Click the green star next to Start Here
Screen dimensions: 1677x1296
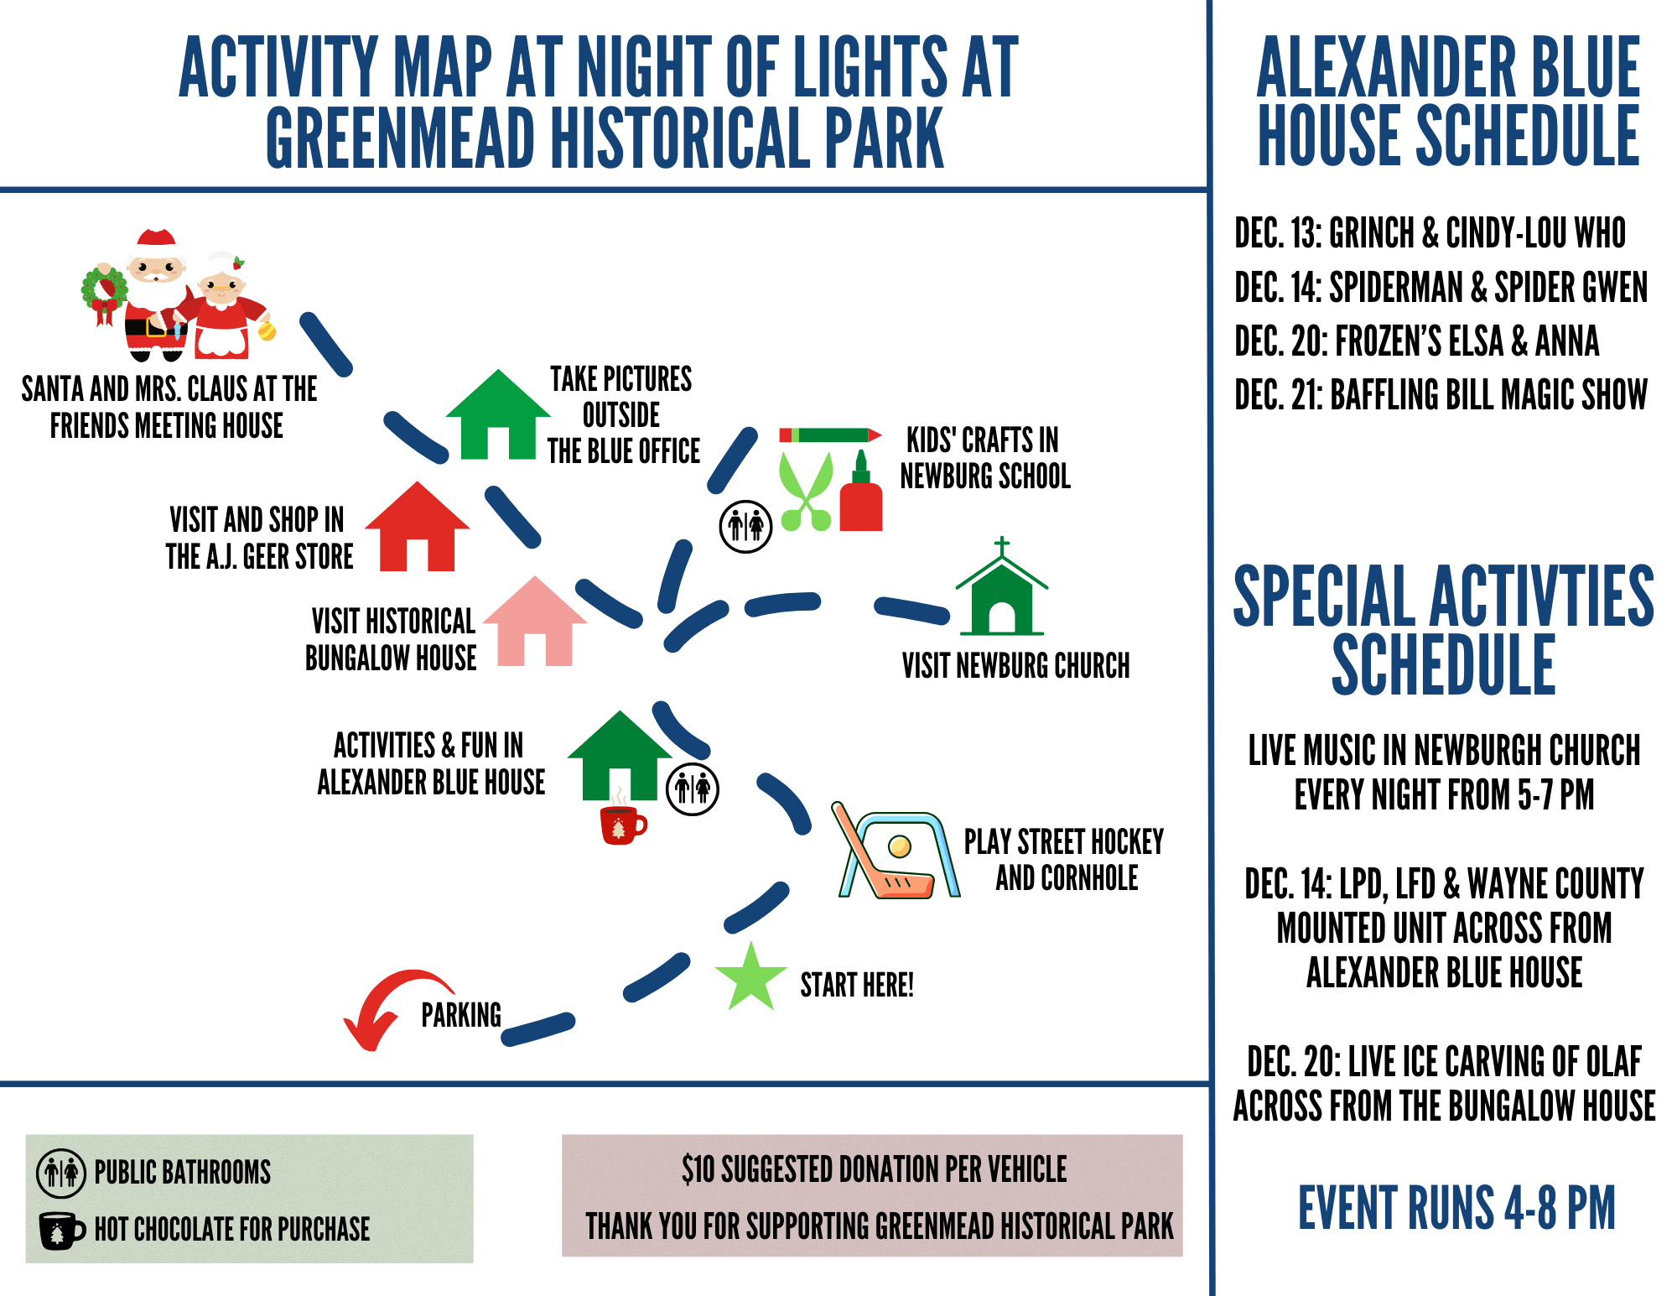(x=750, y=977)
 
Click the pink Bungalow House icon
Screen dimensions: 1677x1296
(x=535, y=622)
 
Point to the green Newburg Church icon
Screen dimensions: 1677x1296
(x=1002, y=587)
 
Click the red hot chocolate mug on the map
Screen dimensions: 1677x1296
(x=622, y=823)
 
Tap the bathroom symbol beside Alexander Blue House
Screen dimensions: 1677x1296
(x=693, y=789)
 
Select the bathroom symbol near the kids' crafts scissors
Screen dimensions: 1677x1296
(x=745, y=527)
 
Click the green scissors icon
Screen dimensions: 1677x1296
(x=806, y=492)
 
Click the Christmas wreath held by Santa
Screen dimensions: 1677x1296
(x=104, y=294)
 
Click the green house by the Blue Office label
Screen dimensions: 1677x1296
(x=498, y=414)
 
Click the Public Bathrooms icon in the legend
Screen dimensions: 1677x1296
(x=61, y=1173)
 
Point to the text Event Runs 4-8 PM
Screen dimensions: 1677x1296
(x=1456, y=1208)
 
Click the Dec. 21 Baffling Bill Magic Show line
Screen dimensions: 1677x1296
(x=1441, y=394)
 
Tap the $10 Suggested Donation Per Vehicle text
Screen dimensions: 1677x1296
(x=874, y=1168)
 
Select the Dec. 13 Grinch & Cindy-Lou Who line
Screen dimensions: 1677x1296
(x=1430, y=232)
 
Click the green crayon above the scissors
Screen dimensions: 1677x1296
(x=830, y=435)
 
